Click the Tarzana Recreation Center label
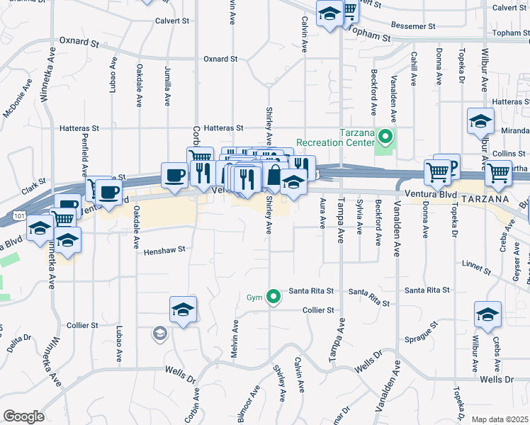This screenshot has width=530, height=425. click(x=335, y=138)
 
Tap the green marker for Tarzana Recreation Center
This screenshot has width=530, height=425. click(x=385, y=135)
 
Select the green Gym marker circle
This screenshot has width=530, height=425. click(x=274, y=297)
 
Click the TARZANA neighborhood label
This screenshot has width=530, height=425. click(x=484, y=200)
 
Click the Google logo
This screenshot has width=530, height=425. click(x=24, y=416)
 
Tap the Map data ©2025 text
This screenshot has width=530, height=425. click(x=500, y=419)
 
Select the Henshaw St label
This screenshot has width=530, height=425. click(x=164, y=250)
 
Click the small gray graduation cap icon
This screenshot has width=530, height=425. click(x=161, y=332)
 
